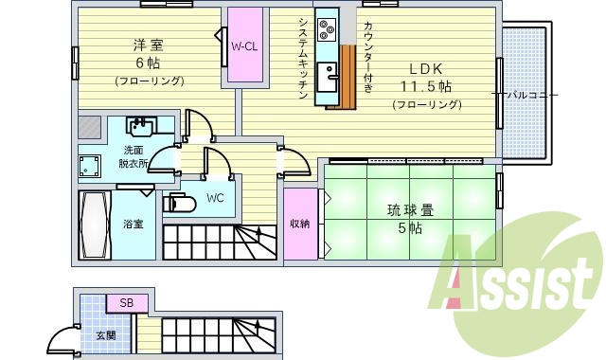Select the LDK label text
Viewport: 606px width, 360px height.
(x=425, y=68)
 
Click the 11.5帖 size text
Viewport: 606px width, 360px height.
(x=425, y=86)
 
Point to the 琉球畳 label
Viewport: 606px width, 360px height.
(x=409, y=209)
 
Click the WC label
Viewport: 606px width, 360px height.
(x=215, y=198)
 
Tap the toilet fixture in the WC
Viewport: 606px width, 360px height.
(x=177, y=202)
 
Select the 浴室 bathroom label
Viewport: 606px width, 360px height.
(x=133, y=225)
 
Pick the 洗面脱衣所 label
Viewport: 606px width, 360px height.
(x=134, y=156)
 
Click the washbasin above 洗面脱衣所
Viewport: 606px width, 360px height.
(x=141, y=127)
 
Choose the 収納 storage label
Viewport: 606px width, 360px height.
(x=300, y=224)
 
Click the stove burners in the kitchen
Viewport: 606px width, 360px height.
(x=327, y=30)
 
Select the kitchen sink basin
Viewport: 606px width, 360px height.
(x=328, y=76)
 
